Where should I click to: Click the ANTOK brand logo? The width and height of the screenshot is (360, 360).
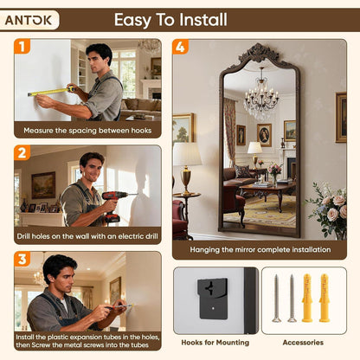pos(29,20)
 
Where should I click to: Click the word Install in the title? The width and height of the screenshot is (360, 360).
pos(202,20)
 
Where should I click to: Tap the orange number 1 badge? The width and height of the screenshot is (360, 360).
pos(22,46)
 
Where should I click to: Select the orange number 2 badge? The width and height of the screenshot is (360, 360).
pos(22,152)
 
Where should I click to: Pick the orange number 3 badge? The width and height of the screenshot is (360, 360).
pos(22,259)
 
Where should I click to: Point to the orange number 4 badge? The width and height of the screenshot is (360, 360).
pos(180,47)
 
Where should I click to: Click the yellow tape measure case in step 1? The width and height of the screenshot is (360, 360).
pos(71,88)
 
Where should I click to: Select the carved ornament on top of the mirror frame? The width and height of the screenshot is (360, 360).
pos(259,54)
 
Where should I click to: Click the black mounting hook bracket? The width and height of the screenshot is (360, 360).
pos(213,298)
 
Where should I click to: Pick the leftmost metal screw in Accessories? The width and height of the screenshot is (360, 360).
pos(276,298)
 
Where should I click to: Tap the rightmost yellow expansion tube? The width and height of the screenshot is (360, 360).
pos(325,298)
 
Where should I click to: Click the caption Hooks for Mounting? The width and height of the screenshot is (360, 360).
pos(215,343)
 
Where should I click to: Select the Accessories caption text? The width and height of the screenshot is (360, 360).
pos(303,343)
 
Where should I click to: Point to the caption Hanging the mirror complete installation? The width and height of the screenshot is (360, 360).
pos(260,249)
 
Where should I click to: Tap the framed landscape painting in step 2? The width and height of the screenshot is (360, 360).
pos(43,185)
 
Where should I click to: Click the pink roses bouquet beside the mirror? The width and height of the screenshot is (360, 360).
pos(331,210)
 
